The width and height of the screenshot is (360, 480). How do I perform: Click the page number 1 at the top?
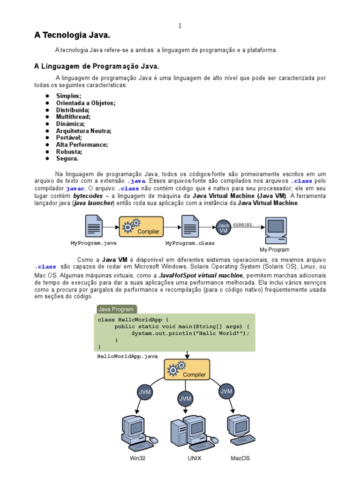(180, 25)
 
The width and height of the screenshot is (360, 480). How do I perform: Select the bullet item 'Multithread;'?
(74, 116)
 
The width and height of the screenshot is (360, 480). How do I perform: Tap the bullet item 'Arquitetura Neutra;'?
(84, 131)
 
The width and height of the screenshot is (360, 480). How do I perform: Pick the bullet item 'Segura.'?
(67, 158)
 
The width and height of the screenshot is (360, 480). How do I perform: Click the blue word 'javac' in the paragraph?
(75, 188)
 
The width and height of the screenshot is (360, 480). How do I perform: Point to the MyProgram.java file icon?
(94, 226)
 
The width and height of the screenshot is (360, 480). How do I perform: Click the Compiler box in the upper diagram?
(141, 226)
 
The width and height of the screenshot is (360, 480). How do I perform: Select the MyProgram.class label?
(190, 243)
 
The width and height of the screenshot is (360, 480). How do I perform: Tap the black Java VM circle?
(223, 227)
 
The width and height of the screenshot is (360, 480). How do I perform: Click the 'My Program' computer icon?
(275, 230)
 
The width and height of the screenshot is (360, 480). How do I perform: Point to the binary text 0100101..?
(247, 225)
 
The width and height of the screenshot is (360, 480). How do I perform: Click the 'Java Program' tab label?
(116, 309)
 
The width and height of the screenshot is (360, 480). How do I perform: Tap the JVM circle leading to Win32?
(144, 391)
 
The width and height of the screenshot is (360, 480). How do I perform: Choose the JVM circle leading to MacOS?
(226, 390)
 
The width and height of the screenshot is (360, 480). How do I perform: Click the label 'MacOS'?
(240, 458)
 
